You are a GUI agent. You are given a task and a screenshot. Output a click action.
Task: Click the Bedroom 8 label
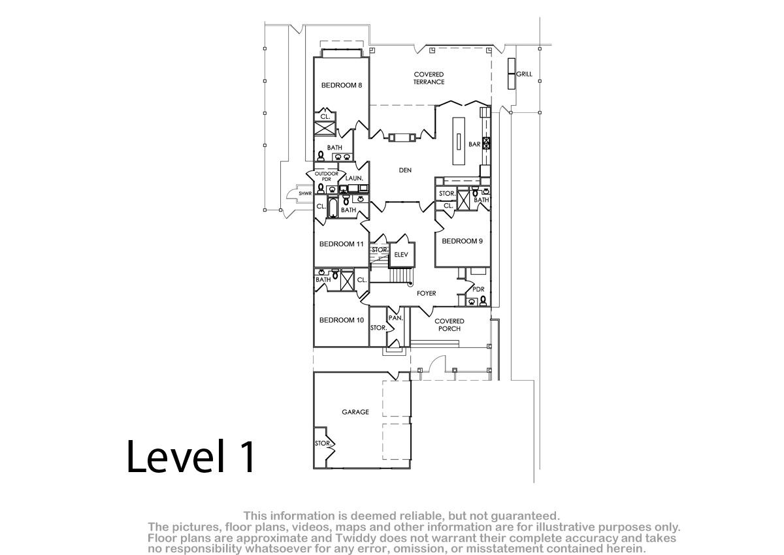[341, 86]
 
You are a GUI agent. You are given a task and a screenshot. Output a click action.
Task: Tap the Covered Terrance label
[429, 78]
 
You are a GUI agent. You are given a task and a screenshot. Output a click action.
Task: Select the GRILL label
[524, 74]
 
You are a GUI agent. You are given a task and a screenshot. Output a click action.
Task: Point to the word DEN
[405, 170]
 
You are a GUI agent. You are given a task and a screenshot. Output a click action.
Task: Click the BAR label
[474, 144]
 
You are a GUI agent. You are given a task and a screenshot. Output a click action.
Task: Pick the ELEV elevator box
[401, 255]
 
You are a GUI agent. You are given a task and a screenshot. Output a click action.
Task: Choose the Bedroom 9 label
[462, 241]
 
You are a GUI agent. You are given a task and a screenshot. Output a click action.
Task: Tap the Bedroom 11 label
[341, 244]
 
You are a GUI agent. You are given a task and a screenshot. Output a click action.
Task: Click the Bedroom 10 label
[341, 320]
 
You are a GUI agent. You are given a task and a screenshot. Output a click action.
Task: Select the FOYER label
[426, 293]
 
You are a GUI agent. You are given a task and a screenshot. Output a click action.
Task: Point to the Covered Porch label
[449, 325]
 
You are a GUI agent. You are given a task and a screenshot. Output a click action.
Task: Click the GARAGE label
[355, 412]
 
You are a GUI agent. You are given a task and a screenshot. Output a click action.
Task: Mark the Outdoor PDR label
[326, 176]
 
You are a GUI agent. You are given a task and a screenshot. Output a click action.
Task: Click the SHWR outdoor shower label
[305, 193]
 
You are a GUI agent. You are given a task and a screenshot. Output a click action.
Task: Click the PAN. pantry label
[396, 318]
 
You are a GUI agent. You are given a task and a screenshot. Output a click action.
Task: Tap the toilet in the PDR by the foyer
[483, 301]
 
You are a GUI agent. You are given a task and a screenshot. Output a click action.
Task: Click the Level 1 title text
[191, 456]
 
